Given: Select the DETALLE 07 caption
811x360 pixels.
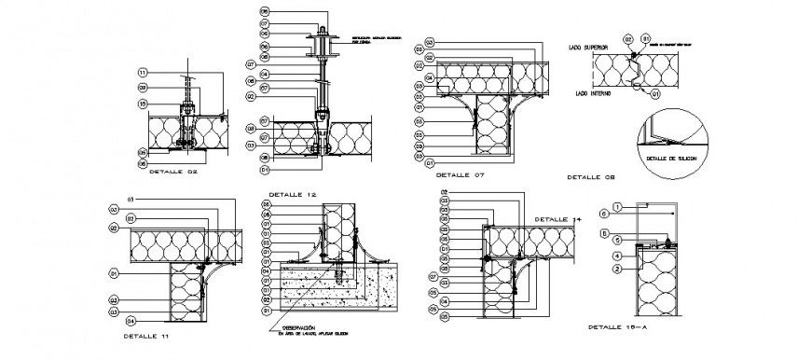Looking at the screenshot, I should [x=460, y=174].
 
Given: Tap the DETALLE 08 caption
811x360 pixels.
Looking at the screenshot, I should [x=590, y=176].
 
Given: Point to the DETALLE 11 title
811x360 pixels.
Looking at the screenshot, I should [x=152, y=332].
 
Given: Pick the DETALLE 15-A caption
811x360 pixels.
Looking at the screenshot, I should [x=615, y=327].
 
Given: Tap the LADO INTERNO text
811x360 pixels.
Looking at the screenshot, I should [x=594, y=94].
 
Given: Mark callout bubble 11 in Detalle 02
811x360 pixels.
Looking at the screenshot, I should [x=143, y=72].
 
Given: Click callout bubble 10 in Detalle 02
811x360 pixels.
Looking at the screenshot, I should [x=144, y=104].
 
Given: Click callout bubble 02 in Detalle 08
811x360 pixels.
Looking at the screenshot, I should [x=628, y=39].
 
